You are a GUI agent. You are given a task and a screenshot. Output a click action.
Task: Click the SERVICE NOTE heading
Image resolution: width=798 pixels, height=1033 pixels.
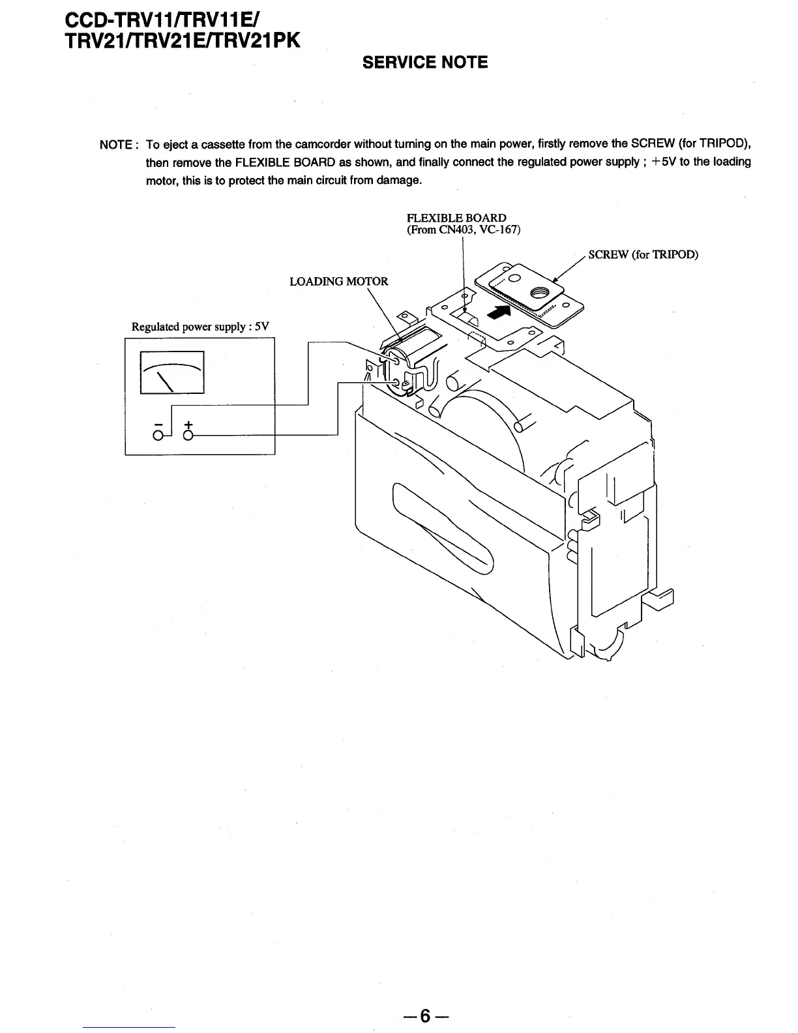[424, 63]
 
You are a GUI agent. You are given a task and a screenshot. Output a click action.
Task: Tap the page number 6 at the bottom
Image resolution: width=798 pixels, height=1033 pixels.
[425, 1015]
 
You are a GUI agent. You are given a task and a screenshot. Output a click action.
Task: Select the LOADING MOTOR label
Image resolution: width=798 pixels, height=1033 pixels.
[338, 282]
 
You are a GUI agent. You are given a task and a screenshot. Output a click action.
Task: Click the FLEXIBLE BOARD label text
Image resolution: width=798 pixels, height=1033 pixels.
[456, 218]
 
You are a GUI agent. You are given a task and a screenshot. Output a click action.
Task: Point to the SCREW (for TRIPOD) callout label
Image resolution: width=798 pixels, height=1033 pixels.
[643, 254]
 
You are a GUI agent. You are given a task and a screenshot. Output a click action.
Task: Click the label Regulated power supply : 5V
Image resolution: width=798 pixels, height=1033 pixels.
[200, 327]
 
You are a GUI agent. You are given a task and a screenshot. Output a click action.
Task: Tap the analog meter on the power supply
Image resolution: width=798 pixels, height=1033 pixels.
[172, 372]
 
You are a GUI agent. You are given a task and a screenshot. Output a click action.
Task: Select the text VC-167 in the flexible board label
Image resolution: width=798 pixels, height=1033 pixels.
[501, 230]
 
